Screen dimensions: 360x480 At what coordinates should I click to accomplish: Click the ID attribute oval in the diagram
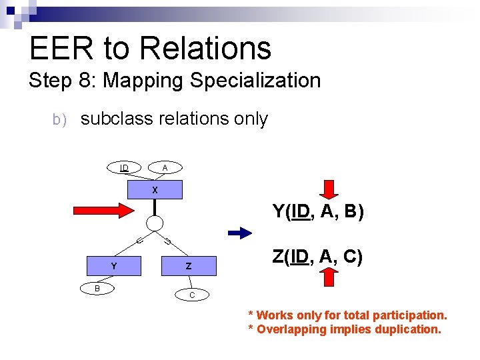click(x=125, y=167)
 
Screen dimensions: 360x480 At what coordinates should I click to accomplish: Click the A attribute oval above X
click(x=165, y=167)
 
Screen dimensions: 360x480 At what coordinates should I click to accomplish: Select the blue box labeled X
click(x=155, y=190)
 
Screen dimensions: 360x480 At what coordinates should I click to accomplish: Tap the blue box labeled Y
click(x=114, y=266)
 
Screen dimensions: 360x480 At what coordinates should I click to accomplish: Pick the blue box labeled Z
click(x=189, y=266)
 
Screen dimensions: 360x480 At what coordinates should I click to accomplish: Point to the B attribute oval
click(x=97, y=288)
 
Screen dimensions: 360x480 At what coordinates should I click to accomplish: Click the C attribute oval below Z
click(x=192, y=294)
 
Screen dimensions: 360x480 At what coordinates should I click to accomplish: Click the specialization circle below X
click(x=155, y=223)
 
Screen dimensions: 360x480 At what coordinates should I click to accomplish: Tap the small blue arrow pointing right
click(x=240, y=233)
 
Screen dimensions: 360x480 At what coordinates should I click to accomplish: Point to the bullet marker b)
click(x=59, y=120)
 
